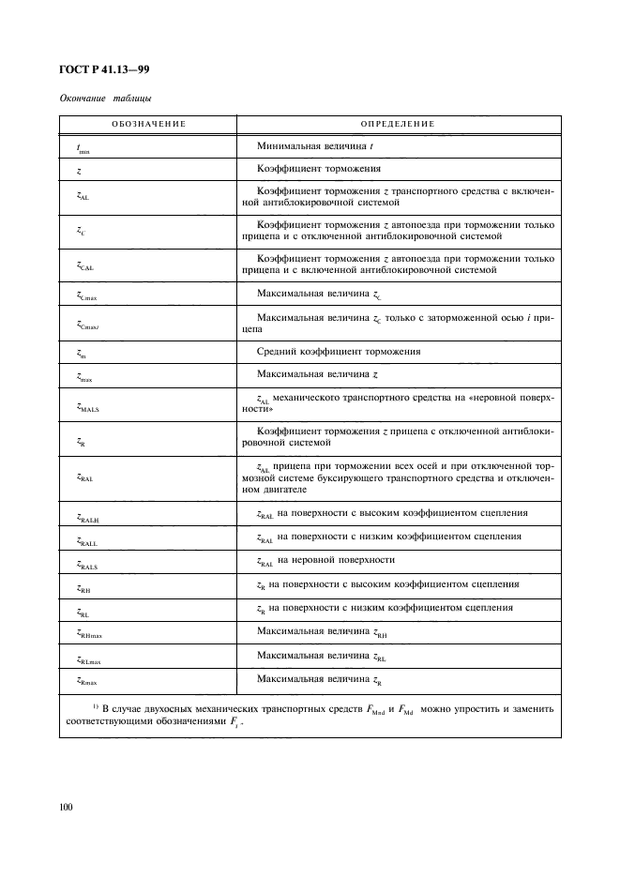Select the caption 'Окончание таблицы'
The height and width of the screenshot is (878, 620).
[x=106, y=98]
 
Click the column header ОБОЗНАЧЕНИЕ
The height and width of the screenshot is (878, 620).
[x=147, y=124]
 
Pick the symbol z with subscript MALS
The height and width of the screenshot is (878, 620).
[x=87, y=405]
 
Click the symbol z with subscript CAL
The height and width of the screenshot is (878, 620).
[x=84, y=266]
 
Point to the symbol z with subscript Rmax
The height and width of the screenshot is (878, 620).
[x=87, y=681]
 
